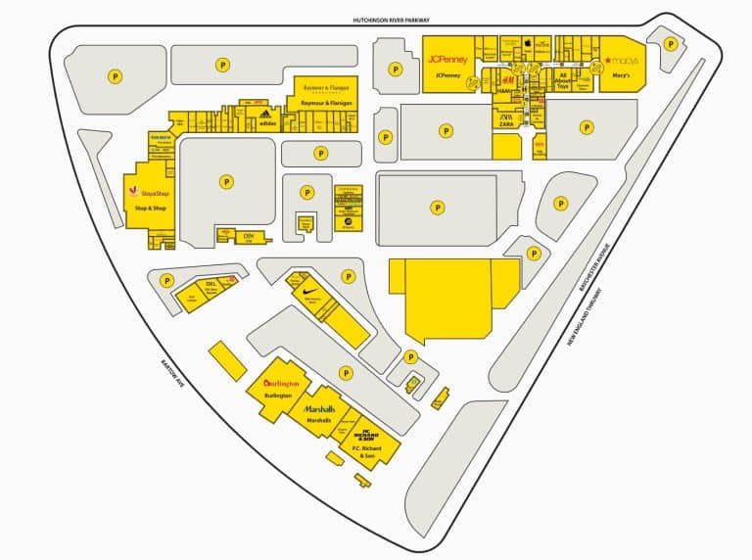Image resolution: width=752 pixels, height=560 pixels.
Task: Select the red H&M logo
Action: (508, 78)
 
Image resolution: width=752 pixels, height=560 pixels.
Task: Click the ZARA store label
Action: (506, 121)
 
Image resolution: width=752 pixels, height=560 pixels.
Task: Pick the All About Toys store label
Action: (562, 79)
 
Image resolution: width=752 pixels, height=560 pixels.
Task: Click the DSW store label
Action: (249, 237)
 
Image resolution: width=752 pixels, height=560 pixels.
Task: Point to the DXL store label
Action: (210, 284)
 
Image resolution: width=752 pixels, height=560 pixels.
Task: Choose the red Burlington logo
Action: (280, 383)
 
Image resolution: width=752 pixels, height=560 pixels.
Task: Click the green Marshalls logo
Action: (319, 408)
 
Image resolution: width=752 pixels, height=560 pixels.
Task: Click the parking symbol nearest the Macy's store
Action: (671, 44)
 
